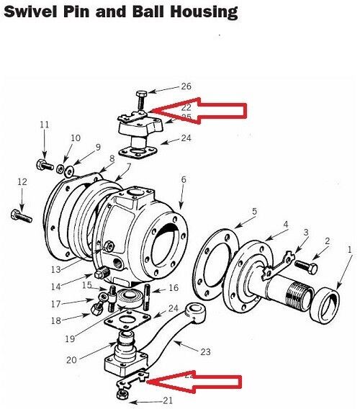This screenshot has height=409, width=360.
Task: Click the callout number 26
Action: [x=186, y=86]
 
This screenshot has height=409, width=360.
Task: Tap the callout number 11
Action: [x=44, y=125]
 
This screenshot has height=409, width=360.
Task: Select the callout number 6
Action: [x=183, y=179]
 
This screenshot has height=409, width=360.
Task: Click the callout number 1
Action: [x=350, y=249]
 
